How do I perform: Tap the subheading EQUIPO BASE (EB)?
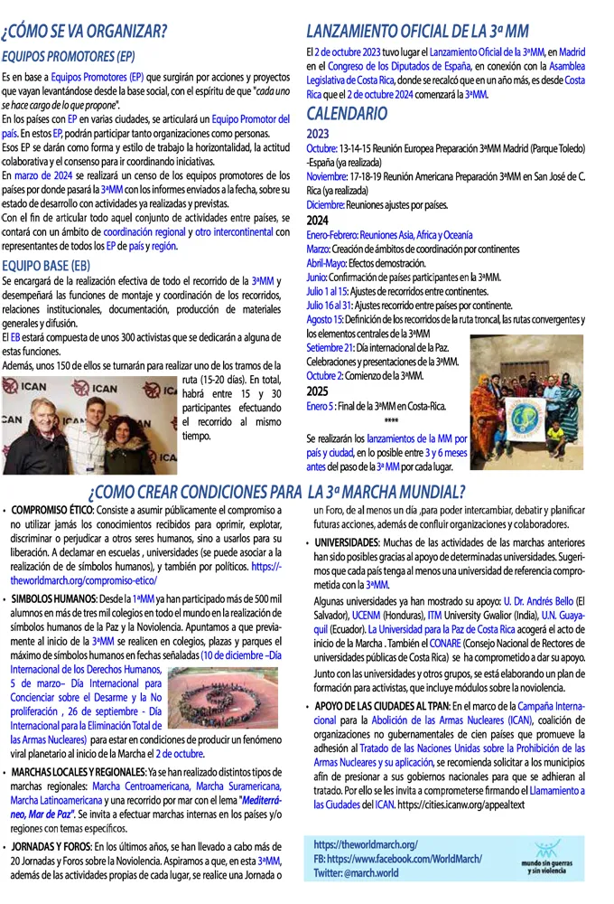pyautogui.click(x=46, y=265)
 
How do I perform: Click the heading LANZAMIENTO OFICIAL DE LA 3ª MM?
pyautogui.click(x=417, y=32)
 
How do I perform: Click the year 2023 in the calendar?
pyautogui.click(x=318, y=132)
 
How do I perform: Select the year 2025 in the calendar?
pyautogui.click(x=318, y=391)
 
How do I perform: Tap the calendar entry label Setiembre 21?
pyautogui.click(x=329, y=347)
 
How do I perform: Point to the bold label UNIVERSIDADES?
pyautogui.click(x=352, y=542)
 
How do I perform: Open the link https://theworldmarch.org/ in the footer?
pyautogui.click(x=366, y=843)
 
